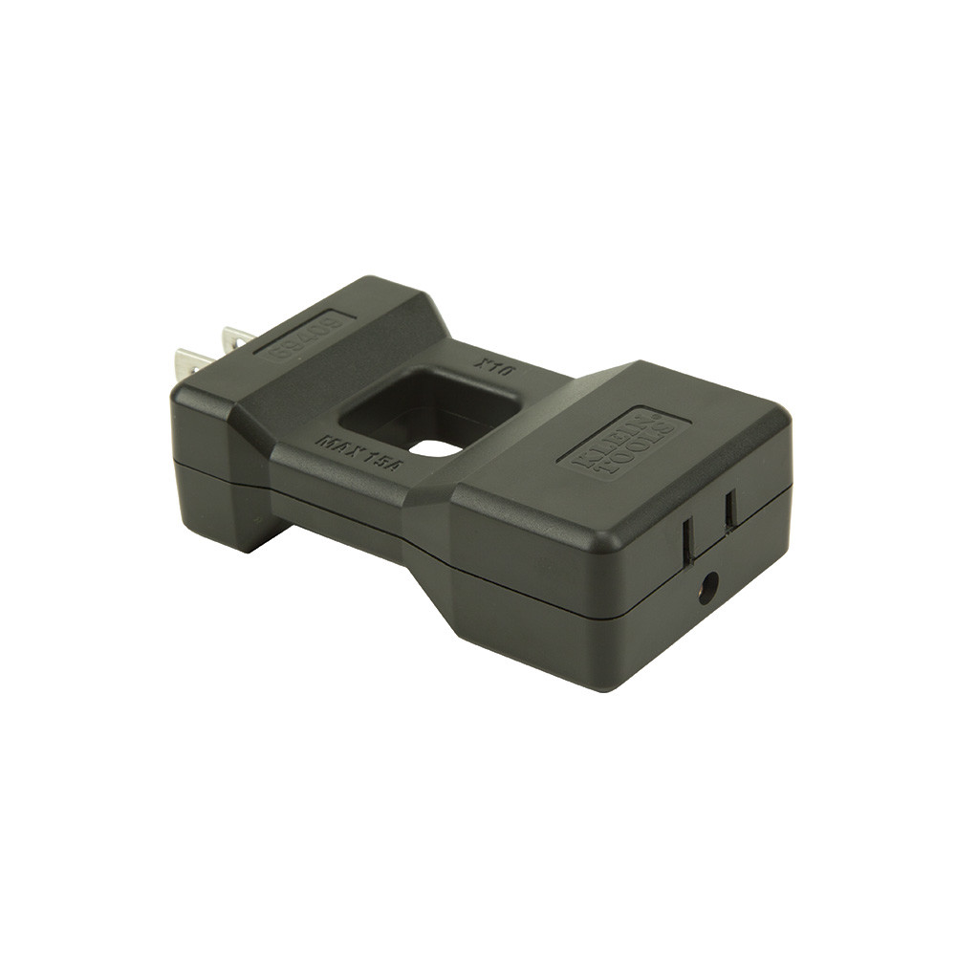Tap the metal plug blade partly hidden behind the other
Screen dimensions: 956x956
point(238,338)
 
